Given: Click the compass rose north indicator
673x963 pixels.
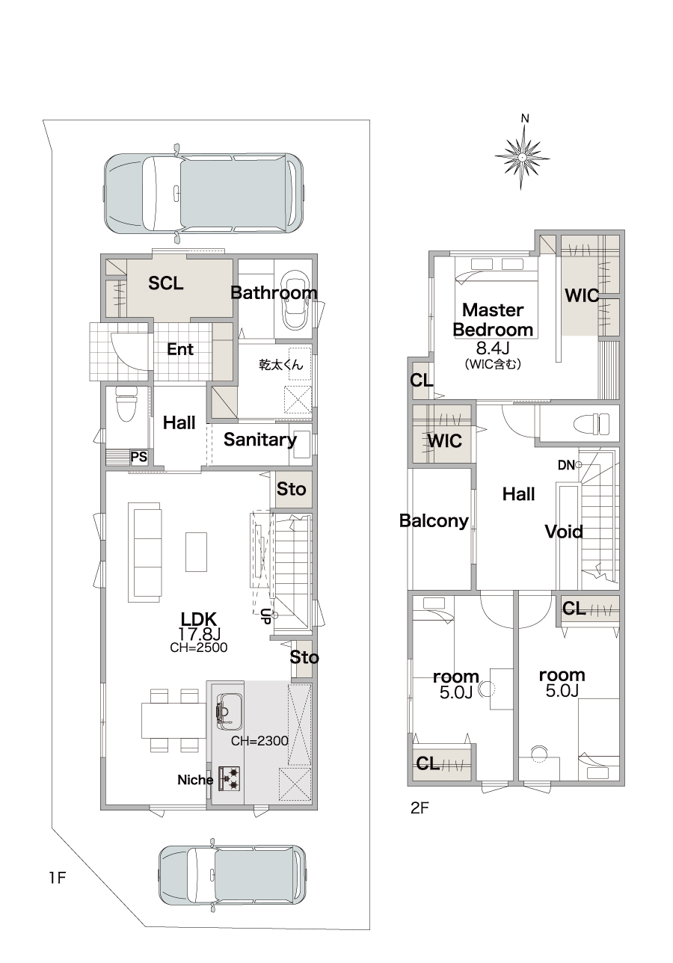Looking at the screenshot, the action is tap(522, 153).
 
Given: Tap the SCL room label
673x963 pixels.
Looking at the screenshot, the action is tap(165, 283).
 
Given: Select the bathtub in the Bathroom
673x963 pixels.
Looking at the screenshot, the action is tap(294, 300).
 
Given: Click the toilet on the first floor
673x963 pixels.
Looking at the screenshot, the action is tap(126, 403).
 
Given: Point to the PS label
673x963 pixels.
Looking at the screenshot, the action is tap(139, 457).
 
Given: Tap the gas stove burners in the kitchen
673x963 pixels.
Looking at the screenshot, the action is tap(230, 779).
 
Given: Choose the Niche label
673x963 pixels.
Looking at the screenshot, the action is tap(195, 780).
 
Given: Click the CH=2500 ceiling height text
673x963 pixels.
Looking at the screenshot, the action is tap(199, 647).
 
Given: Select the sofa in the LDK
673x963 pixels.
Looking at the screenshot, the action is tap(145, 552).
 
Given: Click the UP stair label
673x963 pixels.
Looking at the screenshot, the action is tap(265, 617).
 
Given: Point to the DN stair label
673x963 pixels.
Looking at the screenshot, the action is tap(566, 465).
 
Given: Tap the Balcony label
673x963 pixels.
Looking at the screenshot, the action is tap(434, 521).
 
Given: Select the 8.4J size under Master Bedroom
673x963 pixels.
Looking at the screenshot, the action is tap(493, 348).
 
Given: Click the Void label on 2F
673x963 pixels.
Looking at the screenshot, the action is tap(564, 532).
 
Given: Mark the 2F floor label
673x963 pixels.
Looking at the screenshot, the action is tap(420, 808).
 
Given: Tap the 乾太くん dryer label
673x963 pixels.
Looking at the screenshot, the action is tap(281, 365).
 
